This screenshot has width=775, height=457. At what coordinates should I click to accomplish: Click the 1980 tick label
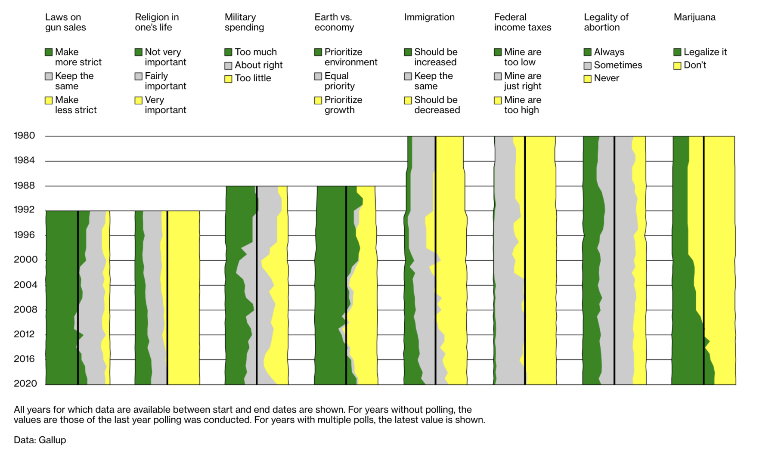tap(24, 136)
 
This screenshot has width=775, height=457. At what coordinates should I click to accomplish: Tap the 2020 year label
tap(25, 383)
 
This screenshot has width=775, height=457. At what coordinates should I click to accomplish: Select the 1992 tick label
tap(24, 210)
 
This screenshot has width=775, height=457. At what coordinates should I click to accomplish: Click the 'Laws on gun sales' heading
tap(65, 22)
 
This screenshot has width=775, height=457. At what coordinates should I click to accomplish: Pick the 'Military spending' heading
tap(244, 22)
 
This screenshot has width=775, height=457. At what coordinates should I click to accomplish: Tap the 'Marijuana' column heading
tap(694, 17)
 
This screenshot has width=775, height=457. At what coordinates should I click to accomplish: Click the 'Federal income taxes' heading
tap(522, 22)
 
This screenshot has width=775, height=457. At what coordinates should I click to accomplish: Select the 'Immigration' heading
tap(429, 17)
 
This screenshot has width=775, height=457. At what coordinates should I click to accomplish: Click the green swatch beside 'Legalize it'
tap(677, 52)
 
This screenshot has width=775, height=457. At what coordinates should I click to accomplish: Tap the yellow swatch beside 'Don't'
tap(677, 65)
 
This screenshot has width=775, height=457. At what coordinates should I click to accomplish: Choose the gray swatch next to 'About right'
tap(228, 65)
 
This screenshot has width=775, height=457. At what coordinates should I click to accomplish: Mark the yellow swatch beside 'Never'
tap(587, 79)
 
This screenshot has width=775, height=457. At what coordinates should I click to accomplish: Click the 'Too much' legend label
tap(256, 52)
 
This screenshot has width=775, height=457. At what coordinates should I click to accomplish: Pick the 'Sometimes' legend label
tap(618, 65)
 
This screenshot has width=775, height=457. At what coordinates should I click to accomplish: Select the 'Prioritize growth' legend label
tap(343, 105)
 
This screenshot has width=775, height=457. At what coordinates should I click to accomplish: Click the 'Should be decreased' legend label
tap(437, 105)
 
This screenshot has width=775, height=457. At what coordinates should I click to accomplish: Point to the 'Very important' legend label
tap(165, 105)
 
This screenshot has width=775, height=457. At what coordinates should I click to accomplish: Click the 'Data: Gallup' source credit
tap(40, 440)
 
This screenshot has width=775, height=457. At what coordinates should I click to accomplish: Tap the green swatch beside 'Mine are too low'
tap(498, 52)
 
